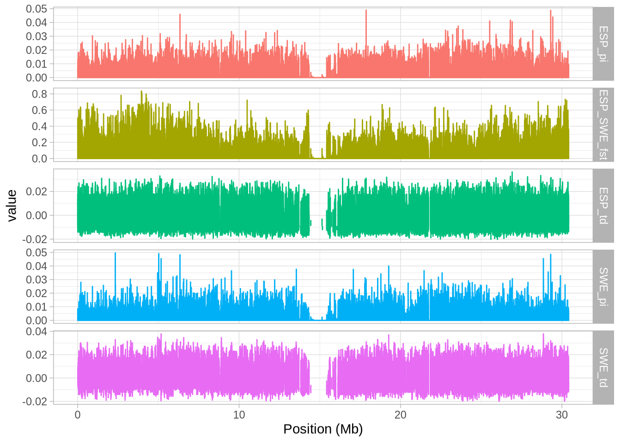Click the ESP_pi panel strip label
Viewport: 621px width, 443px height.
coord(603,44)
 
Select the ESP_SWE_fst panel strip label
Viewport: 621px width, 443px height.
coord(603,125)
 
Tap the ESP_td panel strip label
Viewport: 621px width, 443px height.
coord(603,205)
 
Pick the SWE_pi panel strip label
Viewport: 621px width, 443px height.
coord(603,286)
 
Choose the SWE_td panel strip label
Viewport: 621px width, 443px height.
coord(603,367)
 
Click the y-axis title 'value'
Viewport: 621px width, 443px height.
coord(12,206)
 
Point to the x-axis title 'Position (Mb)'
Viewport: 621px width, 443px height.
coord(323,429)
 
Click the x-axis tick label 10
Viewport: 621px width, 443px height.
coord(239,414)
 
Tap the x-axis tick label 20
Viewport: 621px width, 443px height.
coord(400,414)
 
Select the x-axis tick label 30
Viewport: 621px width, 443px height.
coord(562,414)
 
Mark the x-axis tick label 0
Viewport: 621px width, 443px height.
coord(78,414)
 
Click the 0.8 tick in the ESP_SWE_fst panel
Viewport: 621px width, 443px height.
coord(40,94)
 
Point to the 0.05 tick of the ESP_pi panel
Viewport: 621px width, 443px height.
coord(37,9)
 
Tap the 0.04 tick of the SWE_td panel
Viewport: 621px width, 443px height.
coord(37,331)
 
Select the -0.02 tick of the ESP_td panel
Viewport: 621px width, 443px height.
coord(35,239)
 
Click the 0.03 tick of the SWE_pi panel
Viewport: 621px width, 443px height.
coord(37,280)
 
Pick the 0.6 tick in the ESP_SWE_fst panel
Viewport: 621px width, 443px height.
coord(40,110)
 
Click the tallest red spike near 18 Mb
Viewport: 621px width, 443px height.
coord(366,11)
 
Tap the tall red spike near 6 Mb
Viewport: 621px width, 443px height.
coord(180,15)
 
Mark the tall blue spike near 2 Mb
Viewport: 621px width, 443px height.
coord(115,254)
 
